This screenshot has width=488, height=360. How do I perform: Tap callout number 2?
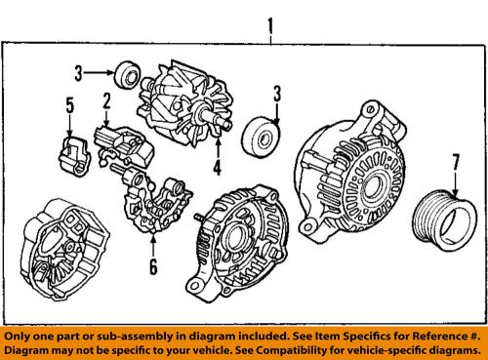105,100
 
